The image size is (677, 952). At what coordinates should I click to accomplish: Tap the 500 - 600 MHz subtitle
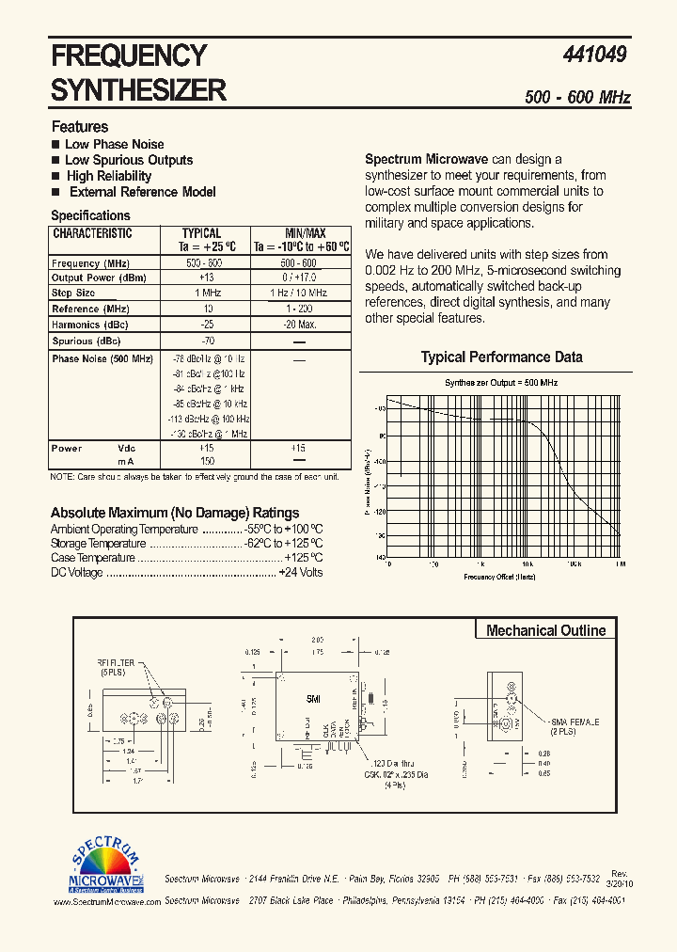coord(577,98)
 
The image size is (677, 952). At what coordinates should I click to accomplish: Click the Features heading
coord(80,126)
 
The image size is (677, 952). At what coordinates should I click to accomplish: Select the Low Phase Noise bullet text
coord(114,144)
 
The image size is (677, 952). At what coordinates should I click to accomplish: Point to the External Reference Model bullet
coord(142,192)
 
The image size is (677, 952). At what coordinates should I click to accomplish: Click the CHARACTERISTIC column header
coord(92,234)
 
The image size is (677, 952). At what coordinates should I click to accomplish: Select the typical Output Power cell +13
coord(207,278)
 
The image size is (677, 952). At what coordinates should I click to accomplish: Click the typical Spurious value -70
coord(207,341)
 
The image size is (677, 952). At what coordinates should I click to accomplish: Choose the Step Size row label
coord(74,294)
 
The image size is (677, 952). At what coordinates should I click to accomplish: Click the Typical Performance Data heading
coord(501,357)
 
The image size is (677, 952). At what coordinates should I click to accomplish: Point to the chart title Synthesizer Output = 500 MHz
coord(501,383)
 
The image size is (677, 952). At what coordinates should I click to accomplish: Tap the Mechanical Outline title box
coord(545,630)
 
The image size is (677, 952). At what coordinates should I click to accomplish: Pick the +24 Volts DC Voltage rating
coord(301,573)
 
